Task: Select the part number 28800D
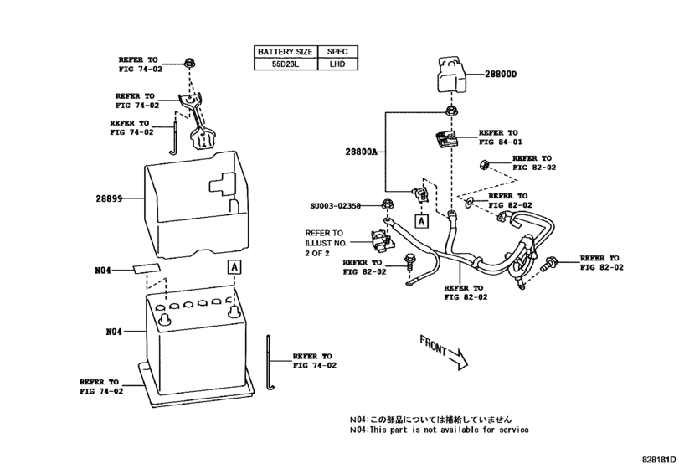[500, 75]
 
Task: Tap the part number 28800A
[361, 152]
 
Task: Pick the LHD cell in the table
[337, 64]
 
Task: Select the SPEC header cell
[337, 51]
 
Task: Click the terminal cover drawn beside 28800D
[450, 77]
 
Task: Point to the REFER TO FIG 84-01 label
[498, 137]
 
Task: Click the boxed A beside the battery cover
[234, 266]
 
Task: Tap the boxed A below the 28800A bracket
[421, 220]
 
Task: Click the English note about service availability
[439, 430]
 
